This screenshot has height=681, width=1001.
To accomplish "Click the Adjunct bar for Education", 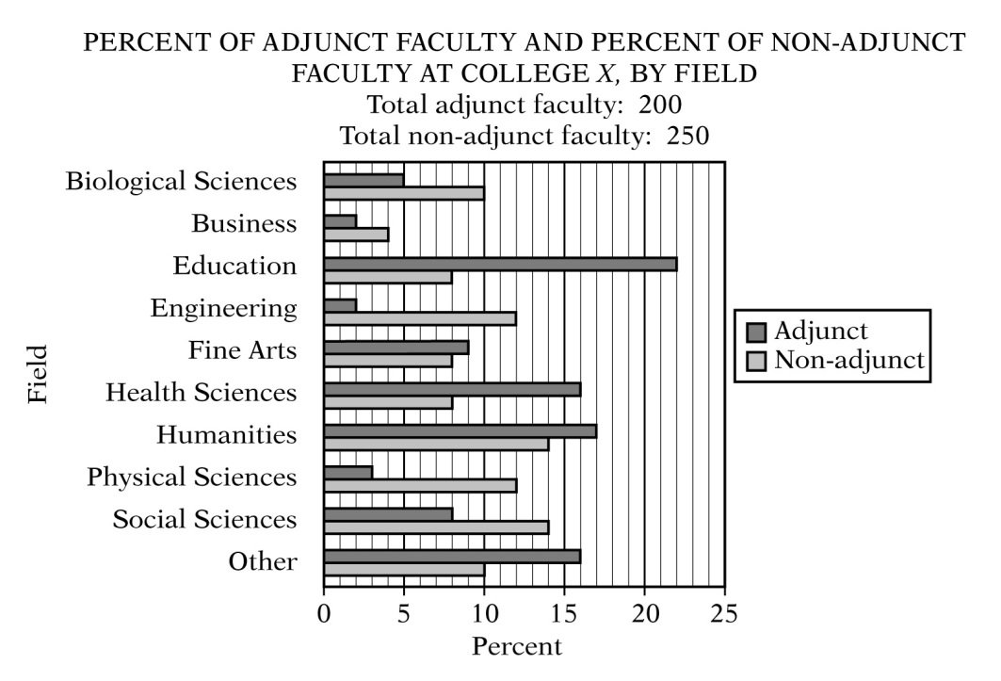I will click(x=499, y=264).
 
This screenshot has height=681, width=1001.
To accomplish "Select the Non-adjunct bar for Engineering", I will click(x=419, y=318).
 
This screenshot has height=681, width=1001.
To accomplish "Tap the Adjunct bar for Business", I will click(x=340, y=220).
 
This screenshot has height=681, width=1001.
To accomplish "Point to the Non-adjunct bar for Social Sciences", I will click(x=435, y=527).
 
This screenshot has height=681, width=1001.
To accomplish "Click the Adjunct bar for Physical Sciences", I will click(x=347, y=472).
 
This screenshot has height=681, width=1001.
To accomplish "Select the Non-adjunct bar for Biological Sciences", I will click(x=403, y=193).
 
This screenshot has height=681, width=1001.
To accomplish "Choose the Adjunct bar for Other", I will click(x=451, y=556).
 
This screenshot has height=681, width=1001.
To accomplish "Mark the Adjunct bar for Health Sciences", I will click(x=451, y=389).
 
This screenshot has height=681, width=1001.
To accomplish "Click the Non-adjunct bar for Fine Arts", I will click(x=387, y=360).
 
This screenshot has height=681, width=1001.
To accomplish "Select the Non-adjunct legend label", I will click(x=848, y=360).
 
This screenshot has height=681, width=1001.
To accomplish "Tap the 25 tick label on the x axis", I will click(x=723, y=615).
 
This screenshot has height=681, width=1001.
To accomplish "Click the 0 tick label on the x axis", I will click(x=324, y=615).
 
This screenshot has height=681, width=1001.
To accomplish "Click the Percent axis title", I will click(x=516, y=648).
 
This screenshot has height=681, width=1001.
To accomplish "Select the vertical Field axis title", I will click(x=37, y=374).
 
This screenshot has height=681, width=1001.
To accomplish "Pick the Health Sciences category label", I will click(x=201, y=391).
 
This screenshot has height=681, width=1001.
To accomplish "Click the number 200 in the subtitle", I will click(x=657, y=104).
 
